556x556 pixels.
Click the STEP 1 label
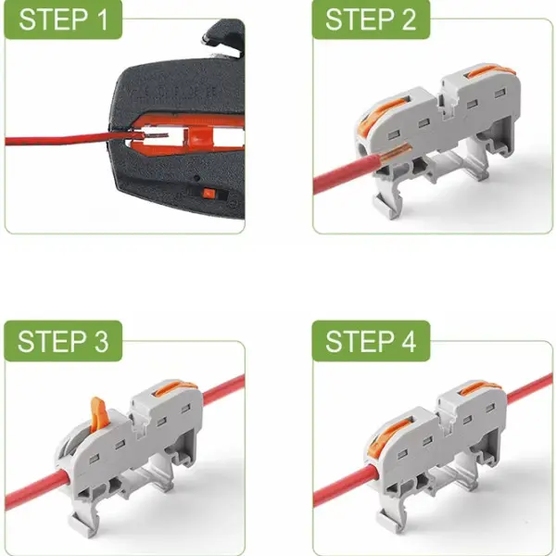pos(63,19)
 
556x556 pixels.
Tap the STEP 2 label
pos(371,19)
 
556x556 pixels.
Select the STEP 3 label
pos(63,341)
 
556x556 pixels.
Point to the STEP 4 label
pos(371,341)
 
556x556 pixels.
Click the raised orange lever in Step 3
pos(98,412)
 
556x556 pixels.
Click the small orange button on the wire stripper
pos(208,194)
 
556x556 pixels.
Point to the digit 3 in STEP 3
pos(100,341)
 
